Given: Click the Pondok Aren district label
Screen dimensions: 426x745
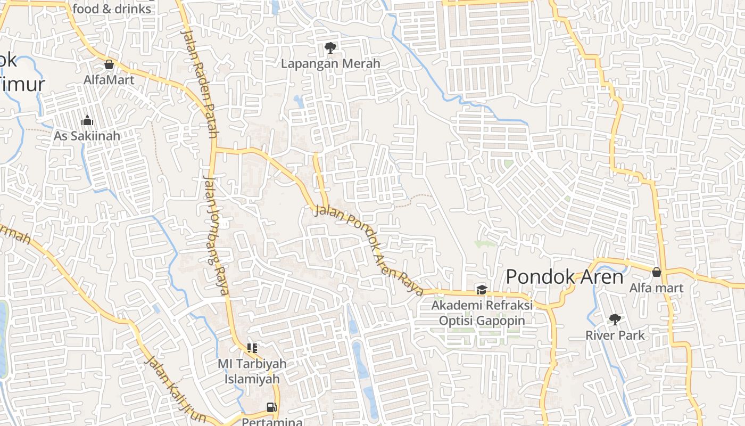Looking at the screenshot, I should click(564, 277).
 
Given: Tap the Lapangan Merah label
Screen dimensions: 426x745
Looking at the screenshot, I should click(330, 64).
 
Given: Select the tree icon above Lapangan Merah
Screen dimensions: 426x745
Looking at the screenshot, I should click(330, 48).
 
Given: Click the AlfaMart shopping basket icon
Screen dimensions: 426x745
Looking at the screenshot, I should click(109, 64).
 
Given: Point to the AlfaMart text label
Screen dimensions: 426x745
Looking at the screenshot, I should click(109, 80).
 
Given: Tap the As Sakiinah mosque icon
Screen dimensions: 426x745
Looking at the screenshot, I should click(87, 120).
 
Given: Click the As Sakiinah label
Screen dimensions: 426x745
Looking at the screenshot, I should click(87, 136).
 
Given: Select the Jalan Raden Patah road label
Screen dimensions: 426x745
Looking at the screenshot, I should click(199, 83).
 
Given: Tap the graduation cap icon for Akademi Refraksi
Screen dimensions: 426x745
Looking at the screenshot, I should click(482, 290).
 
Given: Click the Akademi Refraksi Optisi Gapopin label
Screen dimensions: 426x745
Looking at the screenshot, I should click(482, 313).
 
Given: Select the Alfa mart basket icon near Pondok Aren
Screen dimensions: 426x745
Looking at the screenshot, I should click(657, 272).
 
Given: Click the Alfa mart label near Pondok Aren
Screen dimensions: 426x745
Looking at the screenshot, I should click(656, 288).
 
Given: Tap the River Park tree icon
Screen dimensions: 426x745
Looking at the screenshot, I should click(615, 319).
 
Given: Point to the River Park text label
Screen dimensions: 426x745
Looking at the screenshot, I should click(615, 335).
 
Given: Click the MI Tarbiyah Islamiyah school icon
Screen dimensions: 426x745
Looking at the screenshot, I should click(252, 348).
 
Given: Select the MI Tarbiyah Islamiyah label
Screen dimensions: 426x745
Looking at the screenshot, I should click(252, 372).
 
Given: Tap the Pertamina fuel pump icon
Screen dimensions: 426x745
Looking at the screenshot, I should click(272, 407).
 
